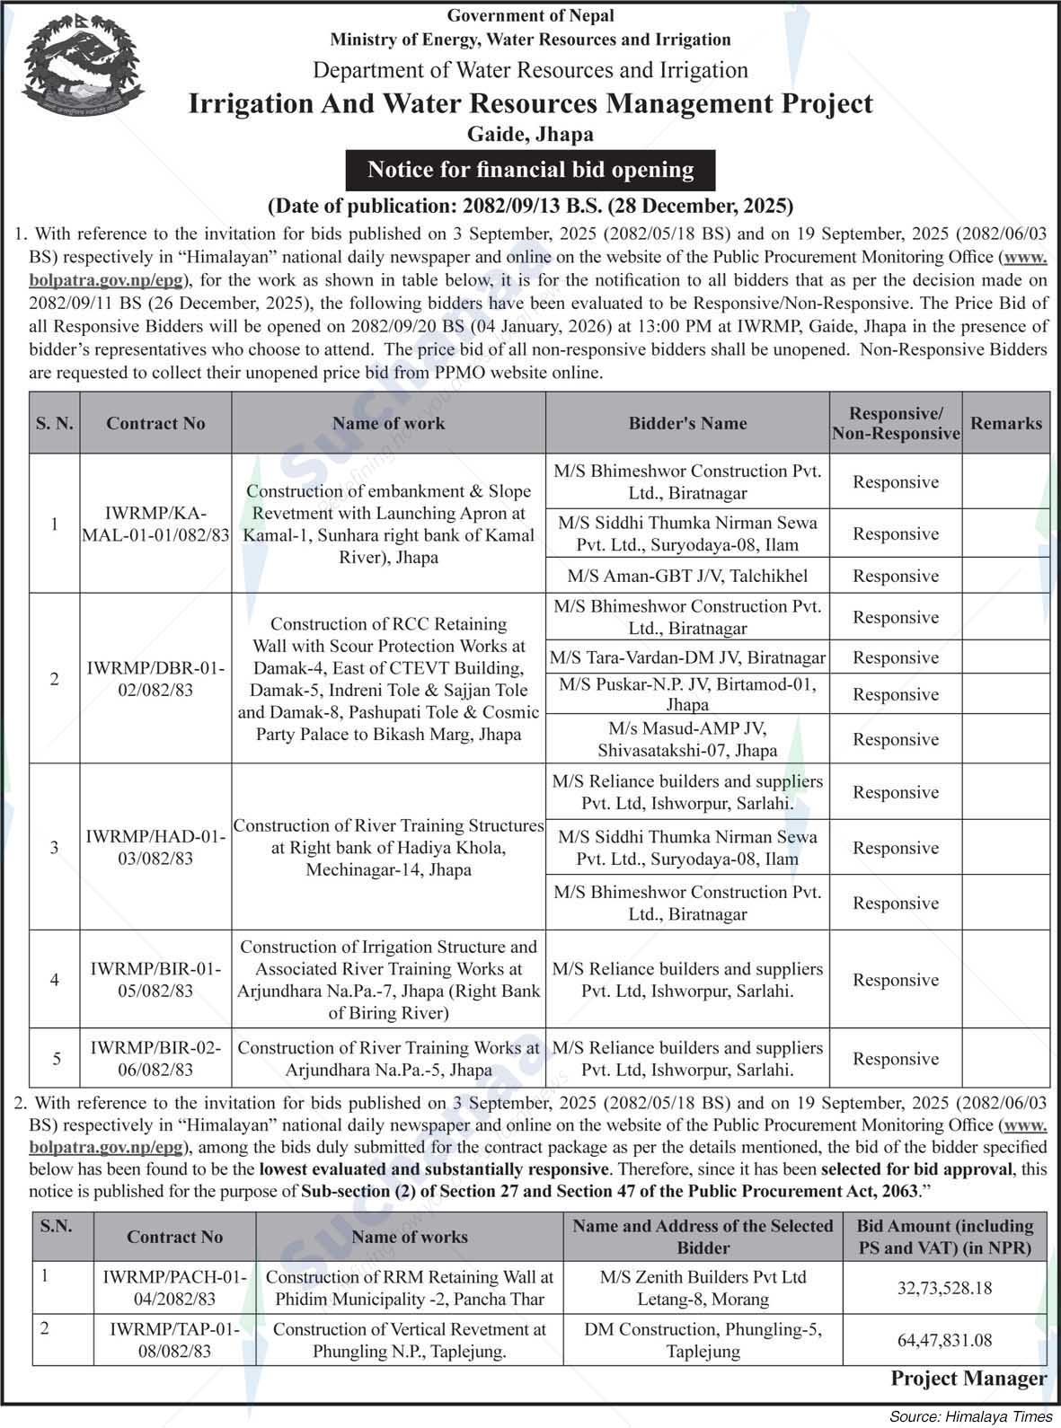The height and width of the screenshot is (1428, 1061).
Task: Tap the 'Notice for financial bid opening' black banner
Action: click(531, 170)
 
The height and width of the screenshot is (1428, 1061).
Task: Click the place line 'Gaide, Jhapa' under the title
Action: click(530, 135)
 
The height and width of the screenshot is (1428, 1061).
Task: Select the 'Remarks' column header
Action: click(1006, 423)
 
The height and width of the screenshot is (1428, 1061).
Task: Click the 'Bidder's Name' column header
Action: click(687, 423)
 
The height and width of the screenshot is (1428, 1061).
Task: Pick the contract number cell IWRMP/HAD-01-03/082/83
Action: click(155, 847)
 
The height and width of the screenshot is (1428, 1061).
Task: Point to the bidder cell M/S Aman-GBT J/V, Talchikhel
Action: click(687, 576)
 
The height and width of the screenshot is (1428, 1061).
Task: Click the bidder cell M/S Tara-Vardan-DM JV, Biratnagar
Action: click(687, 657)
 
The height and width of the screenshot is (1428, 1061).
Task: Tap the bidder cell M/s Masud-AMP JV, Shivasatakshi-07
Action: click(687, 738)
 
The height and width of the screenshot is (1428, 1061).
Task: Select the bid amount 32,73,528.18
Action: click(944, 1288)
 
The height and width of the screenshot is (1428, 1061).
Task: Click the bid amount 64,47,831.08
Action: click(944, 1340)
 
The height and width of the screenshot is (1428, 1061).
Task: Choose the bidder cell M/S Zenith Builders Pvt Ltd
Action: click(703, 1288)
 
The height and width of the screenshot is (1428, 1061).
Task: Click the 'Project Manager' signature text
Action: click(968, 1378)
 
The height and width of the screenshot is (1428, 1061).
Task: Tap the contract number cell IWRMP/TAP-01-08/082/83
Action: click(174, 1340)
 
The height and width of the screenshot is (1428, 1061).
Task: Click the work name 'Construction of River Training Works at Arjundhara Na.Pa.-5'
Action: click(389, 1059)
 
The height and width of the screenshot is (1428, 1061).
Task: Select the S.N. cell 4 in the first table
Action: click(55, 980)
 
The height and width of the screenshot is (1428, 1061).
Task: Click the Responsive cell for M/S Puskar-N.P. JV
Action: click(895, 694)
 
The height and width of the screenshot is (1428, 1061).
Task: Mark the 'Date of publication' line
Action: click(530, 206)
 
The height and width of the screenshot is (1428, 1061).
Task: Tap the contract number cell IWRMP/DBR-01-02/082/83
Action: click(155, 679)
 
